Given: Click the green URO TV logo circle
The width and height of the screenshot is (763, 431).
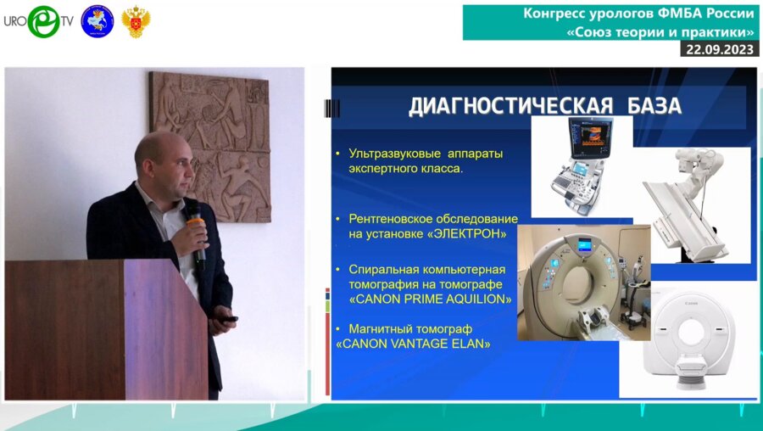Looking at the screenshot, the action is click(43, 21).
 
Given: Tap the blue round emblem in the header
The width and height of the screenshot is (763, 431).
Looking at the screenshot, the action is click(97, 21).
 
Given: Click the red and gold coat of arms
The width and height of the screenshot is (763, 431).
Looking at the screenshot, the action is click(136, 22).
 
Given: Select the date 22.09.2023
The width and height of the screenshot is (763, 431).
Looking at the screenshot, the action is click(720, 49).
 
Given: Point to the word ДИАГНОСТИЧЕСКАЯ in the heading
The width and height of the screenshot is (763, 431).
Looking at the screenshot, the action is click(510, 107).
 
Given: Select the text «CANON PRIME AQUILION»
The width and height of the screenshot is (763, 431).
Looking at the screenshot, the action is click(430, 299).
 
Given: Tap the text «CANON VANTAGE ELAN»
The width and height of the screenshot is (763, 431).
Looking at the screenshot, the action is click(413, 344).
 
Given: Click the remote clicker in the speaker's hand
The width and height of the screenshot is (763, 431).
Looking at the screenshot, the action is click(228, 320).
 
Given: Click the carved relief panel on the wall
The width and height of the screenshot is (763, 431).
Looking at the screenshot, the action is click(209, 146).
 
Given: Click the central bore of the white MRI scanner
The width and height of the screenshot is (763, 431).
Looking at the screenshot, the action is click(692, 332).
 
